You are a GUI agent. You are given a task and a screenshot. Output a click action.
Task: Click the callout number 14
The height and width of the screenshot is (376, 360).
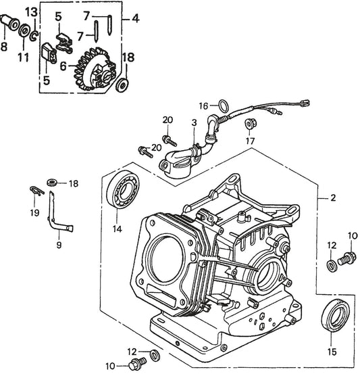point(118,229)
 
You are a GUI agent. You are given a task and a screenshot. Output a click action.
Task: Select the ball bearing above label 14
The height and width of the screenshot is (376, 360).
point(123,189)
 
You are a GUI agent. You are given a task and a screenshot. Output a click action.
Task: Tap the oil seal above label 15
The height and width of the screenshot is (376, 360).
point(335,315)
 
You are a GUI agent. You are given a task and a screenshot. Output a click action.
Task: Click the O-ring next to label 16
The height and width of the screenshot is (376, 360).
point(224,105)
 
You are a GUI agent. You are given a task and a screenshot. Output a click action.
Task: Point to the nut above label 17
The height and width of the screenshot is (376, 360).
point(251,124)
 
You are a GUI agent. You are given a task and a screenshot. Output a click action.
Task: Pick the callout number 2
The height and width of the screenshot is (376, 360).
point(333,198)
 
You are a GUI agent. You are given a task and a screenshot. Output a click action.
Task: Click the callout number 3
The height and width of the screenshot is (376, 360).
point(194,122)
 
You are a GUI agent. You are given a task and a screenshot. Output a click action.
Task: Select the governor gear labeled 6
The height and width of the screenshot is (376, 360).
point(95,69)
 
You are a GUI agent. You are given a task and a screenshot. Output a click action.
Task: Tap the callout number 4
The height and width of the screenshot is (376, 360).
point(136,18)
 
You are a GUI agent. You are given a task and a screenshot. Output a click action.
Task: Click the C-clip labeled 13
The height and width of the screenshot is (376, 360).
point(34,36)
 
